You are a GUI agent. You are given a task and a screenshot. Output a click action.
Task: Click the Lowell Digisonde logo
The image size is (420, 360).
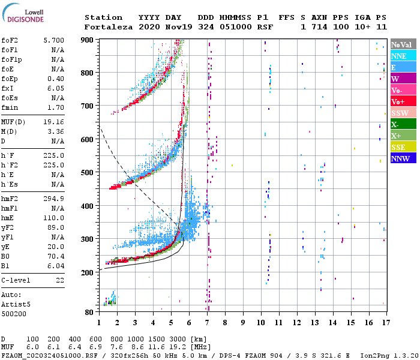(23, 13)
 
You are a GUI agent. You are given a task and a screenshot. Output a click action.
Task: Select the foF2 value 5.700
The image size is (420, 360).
(54, 40)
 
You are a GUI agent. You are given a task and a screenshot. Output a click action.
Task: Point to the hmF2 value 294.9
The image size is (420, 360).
(54, 199)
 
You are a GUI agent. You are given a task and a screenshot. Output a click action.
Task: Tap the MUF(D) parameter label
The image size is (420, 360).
(13, 122)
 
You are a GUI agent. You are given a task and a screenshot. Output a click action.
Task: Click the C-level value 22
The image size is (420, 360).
(60, 280)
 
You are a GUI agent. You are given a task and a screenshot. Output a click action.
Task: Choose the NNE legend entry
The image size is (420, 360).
(403, 56)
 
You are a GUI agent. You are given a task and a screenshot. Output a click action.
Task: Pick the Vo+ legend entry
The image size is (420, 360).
(403, 101)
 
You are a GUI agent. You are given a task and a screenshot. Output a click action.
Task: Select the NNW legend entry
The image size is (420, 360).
(403, 158)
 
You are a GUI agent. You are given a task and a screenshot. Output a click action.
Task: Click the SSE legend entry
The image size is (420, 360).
(403, 147)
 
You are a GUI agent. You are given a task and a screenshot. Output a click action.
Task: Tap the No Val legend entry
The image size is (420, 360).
(403, 44)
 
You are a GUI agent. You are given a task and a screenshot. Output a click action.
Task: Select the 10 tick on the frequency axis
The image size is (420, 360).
(261, 323)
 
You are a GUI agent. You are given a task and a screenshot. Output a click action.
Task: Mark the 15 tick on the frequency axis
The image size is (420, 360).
(351, 323)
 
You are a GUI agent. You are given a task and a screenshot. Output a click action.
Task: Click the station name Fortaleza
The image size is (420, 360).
(109, 27)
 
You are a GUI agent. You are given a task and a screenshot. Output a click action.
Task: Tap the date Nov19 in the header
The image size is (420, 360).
(179, 27)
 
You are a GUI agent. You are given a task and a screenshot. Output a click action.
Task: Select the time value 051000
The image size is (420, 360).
(236, 27)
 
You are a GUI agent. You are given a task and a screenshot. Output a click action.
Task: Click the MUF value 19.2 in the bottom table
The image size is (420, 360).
(178, 347)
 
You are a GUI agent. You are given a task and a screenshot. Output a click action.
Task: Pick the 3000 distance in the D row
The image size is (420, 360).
(178, 339)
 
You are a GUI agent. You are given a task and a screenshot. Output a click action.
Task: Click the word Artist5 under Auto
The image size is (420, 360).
(16, 305)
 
